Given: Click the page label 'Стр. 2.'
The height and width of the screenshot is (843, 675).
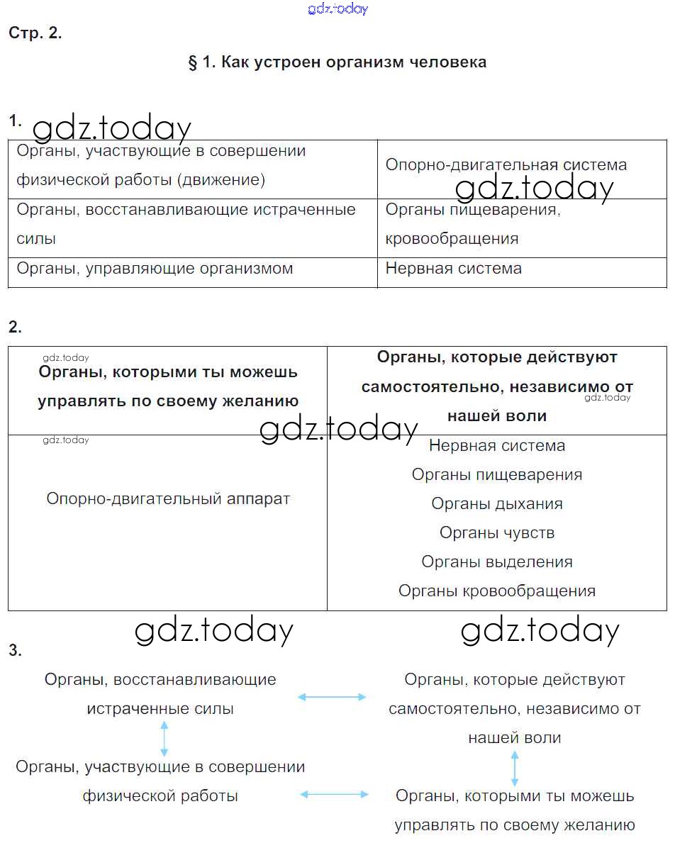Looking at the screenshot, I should tap(35, 33).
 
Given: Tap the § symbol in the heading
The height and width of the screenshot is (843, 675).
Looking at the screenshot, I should tap(192, 62).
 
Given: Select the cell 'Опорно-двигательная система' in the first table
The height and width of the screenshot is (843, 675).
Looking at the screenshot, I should tap(506, 165).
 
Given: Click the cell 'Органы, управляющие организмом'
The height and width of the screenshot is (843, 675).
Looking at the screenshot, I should tap(155, 269).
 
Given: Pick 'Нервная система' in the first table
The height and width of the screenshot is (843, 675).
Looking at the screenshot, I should tap(453, 269).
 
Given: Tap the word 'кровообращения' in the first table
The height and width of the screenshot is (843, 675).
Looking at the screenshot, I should tap(452, 239).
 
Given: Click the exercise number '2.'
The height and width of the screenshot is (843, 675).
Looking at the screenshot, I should tap(15, 327).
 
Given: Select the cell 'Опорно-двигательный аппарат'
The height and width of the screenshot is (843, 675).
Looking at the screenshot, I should tap(168, 499).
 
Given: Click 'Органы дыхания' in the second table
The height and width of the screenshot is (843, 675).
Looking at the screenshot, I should tap(497, 504).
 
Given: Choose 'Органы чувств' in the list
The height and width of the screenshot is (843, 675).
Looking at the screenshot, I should tap(497, 533).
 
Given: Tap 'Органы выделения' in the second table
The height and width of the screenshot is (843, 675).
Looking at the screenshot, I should tap(497, 562).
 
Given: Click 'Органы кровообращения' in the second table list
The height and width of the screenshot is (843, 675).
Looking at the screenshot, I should tap(497, 591).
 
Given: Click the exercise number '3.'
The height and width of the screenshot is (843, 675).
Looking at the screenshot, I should tap(15, 650).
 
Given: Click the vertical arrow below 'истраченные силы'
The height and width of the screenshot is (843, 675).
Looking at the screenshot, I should tap(164, 738).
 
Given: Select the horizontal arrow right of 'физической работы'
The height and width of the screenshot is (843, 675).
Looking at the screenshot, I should tap(335, 795).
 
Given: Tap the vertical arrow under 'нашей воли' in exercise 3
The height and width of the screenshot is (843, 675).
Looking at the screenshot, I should tap(515, 767).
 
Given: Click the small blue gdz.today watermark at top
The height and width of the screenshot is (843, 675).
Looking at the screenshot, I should tap(338, 9).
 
